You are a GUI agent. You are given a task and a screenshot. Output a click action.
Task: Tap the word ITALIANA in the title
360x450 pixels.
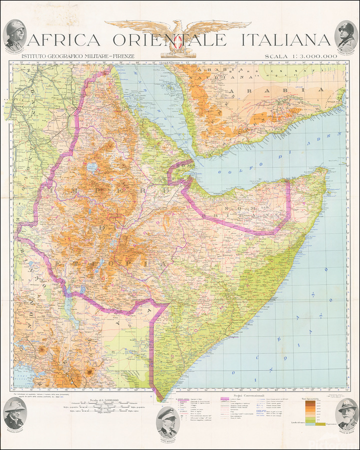[286, 40]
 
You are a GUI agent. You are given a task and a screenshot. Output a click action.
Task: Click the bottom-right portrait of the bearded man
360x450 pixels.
[347, 413]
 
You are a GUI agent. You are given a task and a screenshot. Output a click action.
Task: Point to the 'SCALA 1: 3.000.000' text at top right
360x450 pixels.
[301, 56]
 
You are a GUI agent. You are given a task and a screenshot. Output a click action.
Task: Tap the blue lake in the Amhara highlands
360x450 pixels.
[92, 166]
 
